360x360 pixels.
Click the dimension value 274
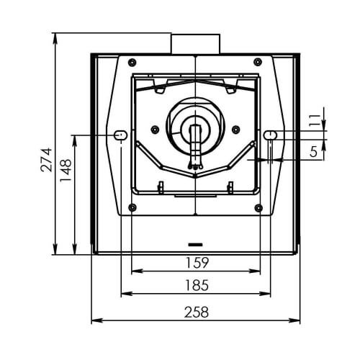tap(46, 160)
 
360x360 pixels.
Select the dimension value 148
tap(66, 170)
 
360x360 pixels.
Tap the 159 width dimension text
tap(197, 263)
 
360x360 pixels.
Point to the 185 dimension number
tap(197, 285)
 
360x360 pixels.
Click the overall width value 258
tap(197, 312)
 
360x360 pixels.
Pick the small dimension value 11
tap(315, 121)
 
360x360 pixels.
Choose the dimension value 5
tap(313, 151)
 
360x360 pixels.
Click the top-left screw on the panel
tap(132, 63)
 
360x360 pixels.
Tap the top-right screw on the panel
tap(258, 62)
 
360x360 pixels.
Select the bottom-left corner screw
tap(132, 207)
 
